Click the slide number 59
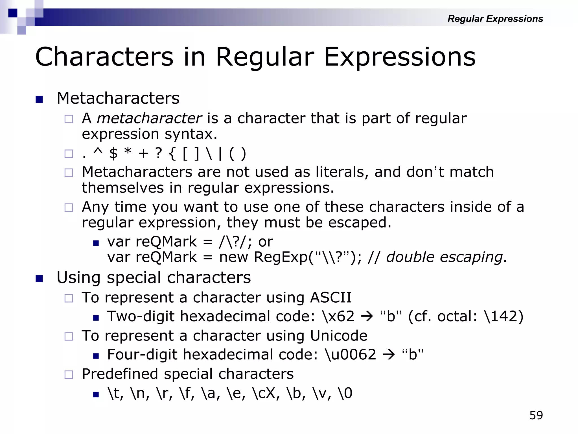pyautogui.click(x=536, y=415)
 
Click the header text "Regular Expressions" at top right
pyautogui.click(x=495, y=19)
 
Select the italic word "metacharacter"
pyautogui.click(x=149, y=118)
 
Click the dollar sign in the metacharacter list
pyautogui.click(x=113, y=154)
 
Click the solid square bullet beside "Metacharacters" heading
pyautogui.click(x=39, y=99)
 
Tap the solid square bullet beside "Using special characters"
pyautogui.click(x=39, y=279)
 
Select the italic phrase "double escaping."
pyautogui.click(x=446, y=257)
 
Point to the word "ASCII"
pyautogui.click(x=331, y=298)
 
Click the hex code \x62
pyautogui.click(x=338, y=316)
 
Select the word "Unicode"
pyautogui.click(x=339, y=336)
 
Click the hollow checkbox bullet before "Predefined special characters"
pyautogui.click(x=69, y=375)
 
